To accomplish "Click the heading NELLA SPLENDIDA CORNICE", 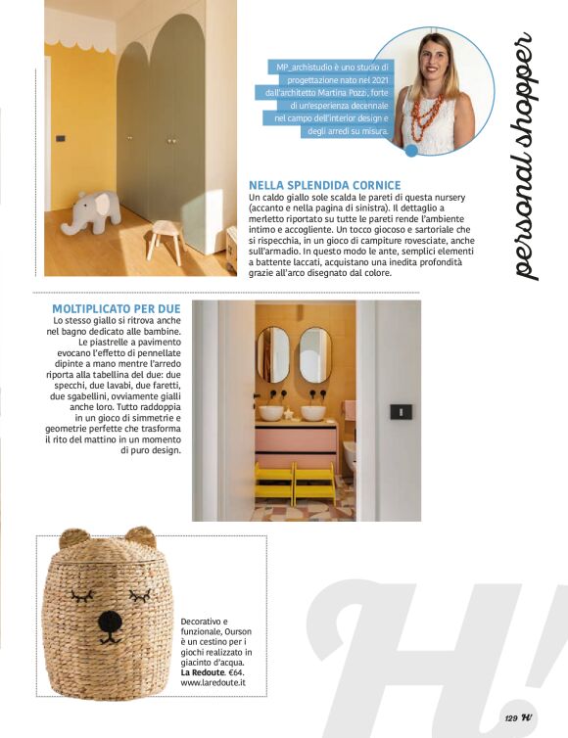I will pos(324,184).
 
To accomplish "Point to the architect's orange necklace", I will pos(426,115).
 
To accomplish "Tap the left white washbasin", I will pos(271,412).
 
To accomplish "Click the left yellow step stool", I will pos(273,483).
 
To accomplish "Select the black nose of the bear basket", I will pos(110,621).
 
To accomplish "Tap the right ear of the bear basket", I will pos(140,537).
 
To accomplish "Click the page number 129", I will pos(510,717).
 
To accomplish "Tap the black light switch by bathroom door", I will pos(400,411).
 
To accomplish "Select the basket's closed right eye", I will pos(141,594).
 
